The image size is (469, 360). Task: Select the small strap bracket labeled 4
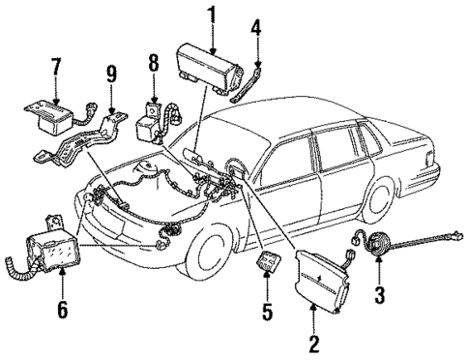point(256,76)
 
